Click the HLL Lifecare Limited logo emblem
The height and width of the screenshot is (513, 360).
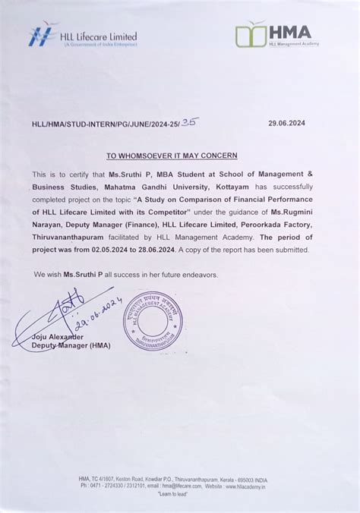tap(43, 35)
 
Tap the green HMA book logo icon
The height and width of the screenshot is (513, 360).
tap(250, 34)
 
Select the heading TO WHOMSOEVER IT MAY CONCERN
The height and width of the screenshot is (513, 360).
tap(172, 156)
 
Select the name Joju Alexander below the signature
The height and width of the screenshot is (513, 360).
tap(58, 336)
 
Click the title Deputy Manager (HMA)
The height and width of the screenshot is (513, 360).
tap(71, 345)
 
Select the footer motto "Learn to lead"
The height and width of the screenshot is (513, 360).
tap(180, 494)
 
